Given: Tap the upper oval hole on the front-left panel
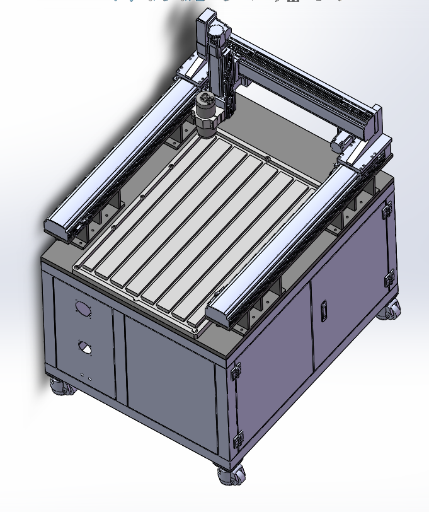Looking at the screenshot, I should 83,309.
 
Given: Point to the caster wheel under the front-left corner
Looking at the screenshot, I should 62,387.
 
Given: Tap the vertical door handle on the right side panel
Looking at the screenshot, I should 324,311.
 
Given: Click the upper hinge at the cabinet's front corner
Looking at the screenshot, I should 237,371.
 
